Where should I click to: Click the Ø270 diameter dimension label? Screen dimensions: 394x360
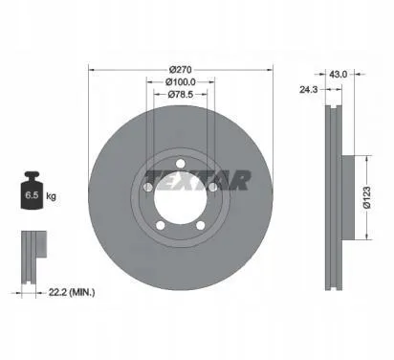tap(180, 69)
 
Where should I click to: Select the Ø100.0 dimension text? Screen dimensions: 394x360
tap(181, 82)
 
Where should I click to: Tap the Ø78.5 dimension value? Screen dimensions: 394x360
tap(181, 94)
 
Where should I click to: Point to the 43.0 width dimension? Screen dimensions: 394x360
tap(338, 75)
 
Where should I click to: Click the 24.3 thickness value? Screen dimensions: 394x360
tap(308, 90)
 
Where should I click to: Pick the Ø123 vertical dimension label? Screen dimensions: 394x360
tap(367, 197)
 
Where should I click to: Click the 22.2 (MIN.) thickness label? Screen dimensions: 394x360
tap(72, 292)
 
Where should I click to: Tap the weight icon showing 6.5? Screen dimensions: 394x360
tap(32, 191)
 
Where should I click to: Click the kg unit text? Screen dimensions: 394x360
tap(51, 196)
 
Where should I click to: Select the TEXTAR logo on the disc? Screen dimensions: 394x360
tap(198, 180)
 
